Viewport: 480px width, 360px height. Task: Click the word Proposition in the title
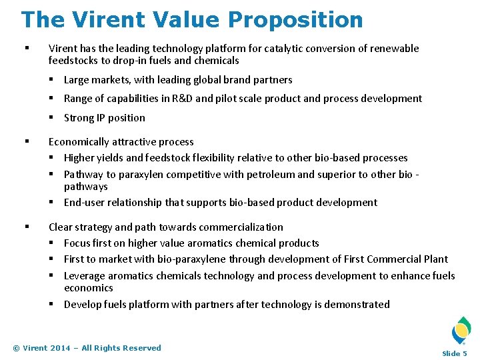click(297, 19)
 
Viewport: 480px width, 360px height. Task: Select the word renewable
click(393, 49)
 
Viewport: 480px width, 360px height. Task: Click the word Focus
click(77, 243)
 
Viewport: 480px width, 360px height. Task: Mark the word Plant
click(435, 259)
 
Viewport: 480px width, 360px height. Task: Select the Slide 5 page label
click(455, 353)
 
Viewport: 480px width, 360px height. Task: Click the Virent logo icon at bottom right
click(461, 331)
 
